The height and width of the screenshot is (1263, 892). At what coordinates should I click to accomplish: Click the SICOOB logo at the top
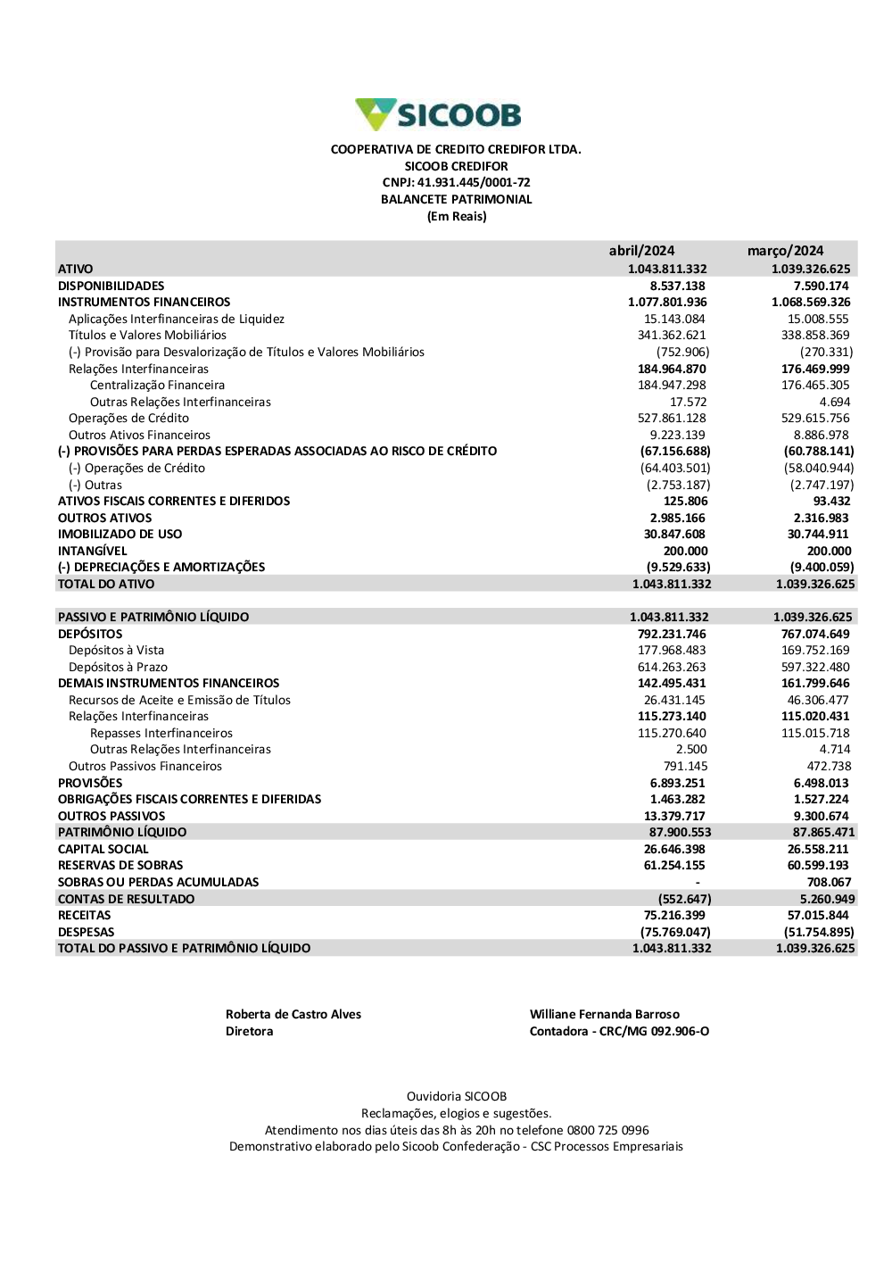[x=438, y=115]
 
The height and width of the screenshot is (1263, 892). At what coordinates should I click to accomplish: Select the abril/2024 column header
[x=641, y=251]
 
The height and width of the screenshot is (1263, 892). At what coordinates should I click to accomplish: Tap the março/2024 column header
[x=785, y=251]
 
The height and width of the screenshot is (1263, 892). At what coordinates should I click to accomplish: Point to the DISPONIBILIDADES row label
[x=111, y=286]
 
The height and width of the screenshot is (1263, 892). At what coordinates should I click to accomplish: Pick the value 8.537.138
[x=677, y=286]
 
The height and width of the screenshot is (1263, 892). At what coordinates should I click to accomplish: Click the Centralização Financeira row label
[x=157, y=386]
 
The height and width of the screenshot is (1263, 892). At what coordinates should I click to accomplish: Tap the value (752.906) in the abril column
[x=682, y=352]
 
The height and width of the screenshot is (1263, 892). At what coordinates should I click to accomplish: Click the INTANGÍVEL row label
[x=93, y=551]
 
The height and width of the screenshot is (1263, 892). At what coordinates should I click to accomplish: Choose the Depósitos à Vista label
[x=116, y=651]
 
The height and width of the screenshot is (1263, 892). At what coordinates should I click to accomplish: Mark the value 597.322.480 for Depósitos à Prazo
[x=815, y=667]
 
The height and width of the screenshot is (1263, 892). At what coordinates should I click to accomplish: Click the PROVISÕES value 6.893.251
[x=677, y=783]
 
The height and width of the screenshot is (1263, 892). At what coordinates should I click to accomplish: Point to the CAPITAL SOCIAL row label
[x=103, y=849]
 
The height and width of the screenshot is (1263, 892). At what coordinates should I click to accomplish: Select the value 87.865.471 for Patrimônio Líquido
[x=823, y=832]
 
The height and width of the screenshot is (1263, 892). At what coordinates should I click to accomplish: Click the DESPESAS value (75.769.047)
[x=677, y=932]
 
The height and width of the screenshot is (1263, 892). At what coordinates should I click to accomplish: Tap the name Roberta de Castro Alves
[x=293, y=1014]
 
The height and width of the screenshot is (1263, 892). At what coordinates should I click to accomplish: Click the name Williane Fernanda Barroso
[x=605, y=1014]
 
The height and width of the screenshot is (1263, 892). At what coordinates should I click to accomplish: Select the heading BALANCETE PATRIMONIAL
[x=456, y=200]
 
